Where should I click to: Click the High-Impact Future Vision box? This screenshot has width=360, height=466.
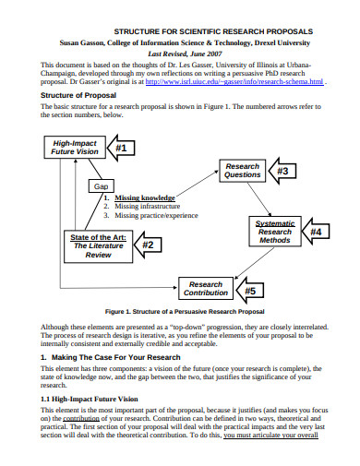75,149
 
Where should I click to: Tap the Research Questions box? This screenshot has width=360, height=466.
243,170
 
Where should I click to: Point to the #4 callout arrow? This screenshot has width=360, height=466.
316,233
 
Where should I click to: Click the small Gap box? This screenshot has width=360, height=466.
102,186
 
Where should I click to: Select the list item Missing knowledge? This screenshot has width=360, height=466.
145,197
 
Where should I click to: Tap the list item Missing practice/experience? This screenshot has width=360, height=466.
156,216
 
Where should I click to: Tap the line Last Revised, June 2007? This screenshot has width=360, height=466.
180,54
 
